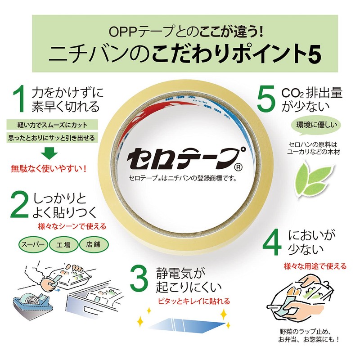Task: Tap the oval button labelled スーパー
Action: point(31,246)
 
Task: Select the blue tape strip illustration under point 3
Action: point(182,323)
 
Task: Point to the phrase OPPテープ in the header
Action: point(128,32)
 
